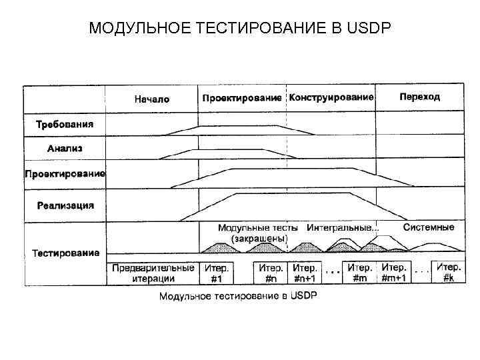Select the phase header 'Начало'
pos(152,99)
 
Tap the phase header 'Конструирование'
pos(331,97)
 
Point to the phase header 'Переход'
pos(419,97)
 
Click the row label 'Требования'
pos(65,124)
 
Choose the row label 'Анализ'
pos(65,149)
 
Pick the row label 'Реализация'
pos(65,205)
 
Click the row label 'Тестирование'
pos(66,253)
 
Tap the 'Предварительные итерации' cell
pos(153,273)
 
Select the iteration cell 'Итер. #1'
pos(217,273)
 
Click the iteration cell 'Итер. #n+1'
pos(305,273)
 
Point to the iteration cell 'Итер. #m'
pos(359,273)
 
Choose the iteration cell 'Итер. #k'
pos(448,273)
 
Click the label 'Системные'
pos(429,227)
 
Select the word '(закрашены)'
pos(259,238)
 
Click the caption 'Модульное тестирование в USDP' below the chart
pos(238,295)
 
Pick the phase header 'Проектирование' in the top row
pos(241,98)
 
